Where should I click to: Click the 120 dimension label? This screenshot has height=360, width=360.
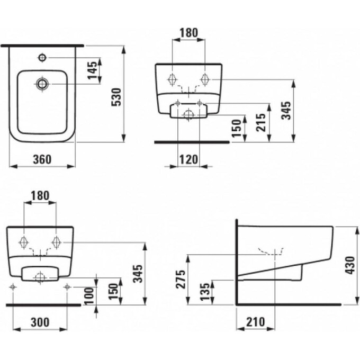click(188, 158)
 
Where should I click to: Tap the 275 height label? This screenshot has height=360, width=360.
click(181, 280)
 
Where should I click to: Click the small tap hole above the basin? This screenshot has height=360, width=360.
click(42, 57)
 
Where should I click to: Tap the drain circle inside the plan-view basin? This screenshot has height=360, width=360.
click(42, 83)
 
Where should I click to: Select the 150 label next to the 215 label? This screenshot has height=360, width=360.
click(238, 128)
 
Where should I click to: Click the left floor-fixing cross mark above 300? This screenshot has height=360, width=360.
click(14, 287)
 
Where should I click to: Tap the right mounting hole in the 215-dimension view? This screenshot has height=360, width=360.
click(205, 80)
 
